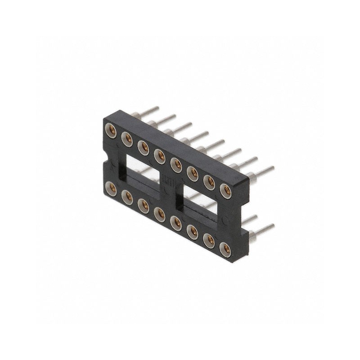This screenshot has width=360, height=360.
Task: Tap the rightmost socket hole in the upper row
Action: pos(225,190)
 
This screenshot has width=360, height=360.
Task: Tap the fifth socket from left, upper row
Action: pos(176,165)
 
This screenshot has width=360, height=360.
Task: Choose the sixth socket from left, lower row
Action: pos(192,231)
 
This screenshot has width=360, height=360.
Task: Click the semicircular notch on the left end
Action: pos(106,161)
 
